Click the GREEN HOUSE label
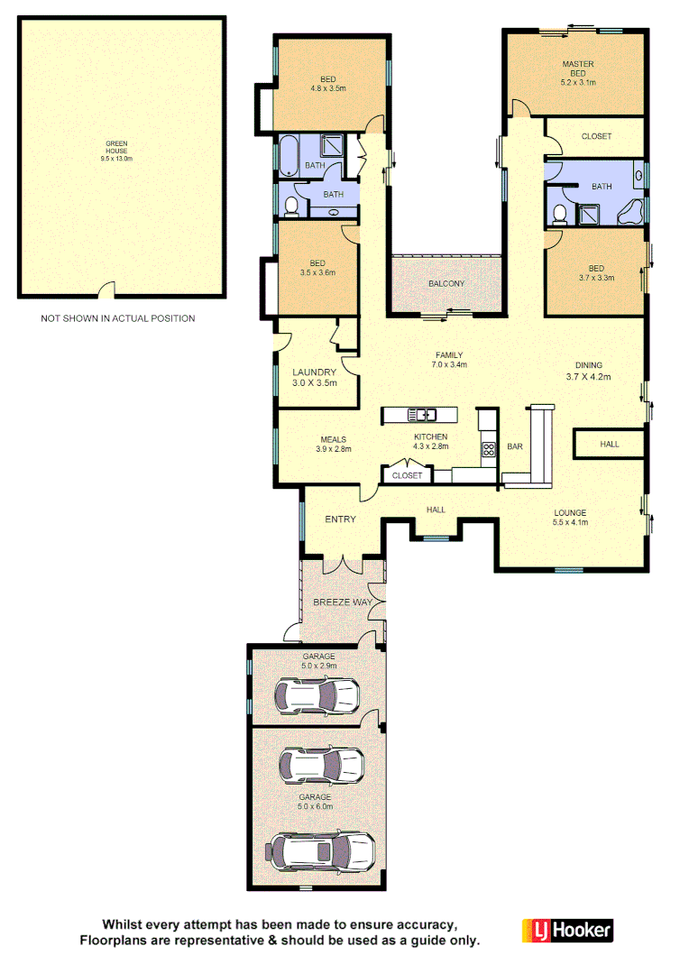[116, 151]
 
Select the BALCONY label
[446, 283]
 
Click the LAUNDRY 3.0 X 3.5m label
[315, 377]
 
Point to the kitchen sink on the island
[422, 415]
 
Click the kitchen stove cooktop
[489, 450]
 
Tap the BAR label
[516, 446]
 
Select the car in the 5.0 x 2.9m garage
[317, 695]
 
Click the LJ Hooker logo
[567, 931]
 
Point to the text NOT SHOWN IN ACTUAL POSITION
[117, 318]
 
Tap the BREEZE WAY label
[343, 602]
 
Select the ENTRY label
[340, 519]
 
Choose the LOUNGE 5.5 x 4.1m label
[570, 518]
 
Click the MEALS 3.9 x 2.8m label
[333, 444]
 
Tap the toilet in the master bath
[560, 213]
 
